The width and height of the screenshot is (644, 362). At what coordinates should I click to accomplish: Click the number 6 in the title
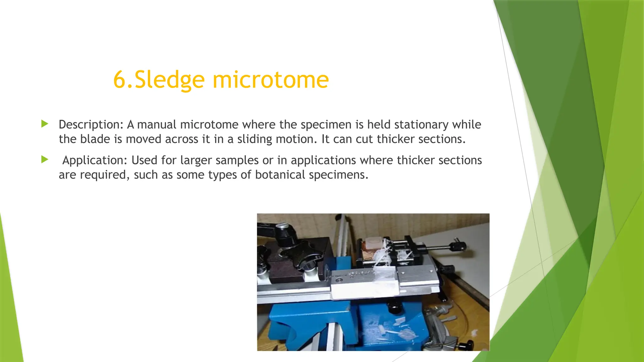tap(119, 80)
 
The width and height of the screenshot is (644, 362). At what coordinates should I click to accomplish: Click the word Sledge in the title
tap(169, 80)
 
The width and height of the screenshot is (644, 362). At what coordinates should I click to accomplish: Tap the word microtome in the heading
tap(270, 80)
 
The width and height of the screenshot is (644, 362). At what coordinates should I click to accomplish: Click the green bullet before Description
tap(45, 124)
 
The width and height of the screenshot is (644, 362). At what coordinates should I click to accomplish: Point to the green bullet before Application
tap(45, 160)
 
